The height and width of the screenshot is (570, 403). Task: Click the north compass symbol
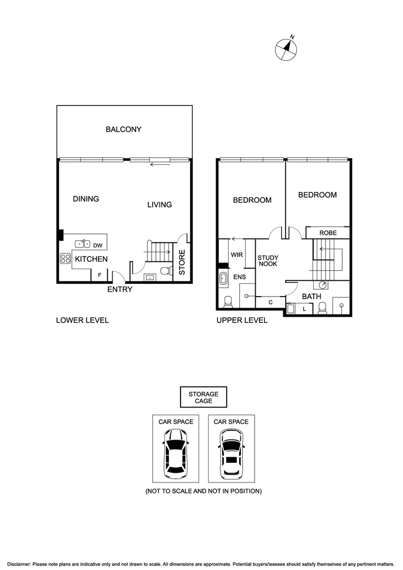pyautogui.click(x=286, y=49)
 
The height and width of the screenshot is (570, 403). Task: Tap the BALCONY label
pyautogui.click(x=124, y=129)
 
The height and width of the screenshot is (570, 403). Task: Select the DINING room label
pyautogui.click(x=86, y=199)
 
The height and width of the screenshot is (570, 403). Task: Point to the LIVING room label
pyautogui.click(x=160, y=204)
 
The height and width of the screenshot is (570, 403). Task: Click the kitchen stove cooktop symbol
pyautogui.click(x=65, y=259)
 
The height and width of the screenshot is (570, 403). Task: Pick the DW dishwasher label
pyautogui.click(x=98, y=245)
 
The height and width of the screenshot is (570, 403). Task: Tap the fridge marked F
pyautogui.click(x=99, y=275)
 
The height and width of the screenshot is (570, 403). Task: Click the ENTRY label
pyautogui.click(x=120, y=289)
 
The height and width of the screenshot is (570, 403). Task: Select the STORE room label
pyautogui.click(x=182, y=262)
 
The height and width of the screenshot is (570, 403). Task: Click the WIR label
pyautogui.click(x=237, y=254)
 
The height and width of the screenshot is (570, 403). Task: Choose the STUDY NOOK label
pyautogui.click(x=268, y=261)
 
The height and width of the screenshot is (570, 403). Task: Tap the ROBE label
pyautogui.click(x=328, y=233)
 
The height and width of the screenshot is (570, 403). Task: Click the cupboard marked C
pyautogui.click(x=270, y=302)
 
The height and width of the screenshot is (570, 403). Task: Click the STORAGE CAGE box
pyautogui.click(x=203, y=397)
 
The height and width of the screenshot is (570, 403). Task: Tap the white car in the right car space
pyautogui.click(x=231, y=452)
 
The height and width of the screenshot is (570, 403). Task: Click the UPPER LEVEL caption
pyautogui.click(x=242, y=320)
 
